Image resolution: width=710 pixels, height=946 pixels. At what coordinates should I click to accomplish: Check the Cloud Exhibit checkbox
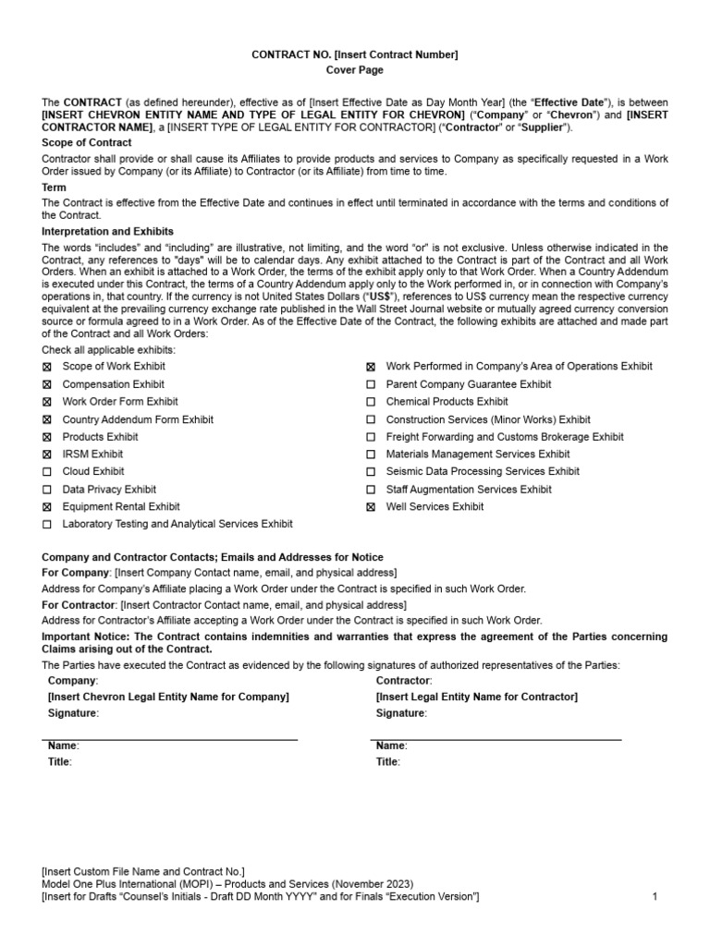coord(47,472)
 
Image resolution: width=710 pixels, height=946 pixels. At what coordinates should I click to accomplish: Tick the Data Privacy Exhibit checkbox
coord(47,490)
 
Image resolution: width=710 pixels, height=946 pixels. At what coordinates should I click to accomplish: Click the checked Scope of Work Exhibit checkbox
coord(47,367)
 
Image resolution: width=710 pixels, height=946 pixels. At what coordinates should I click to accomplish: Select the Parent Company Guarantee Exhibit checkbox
coord(371,384)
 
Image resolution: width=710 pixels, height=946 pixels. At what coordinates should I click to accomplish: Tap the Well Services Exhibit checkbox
coord(371,507)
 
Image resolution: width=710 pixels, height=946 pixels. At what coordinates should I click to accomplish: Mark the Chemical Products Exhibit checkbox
coord(371,402)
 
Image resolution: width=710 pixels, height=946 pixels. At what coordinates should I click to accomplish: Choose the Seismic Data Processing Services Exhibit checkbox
coord(371,472)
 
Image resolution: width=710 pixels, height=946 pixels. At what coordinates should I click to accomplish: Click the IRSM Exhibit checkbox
coord(47,455)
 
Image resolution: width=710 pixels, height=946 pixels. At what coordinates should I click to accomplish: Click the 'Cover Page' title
coord(355,70)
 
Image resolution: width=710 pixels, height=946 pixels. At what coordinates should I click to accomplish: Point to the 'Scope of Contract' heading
coord(87,142)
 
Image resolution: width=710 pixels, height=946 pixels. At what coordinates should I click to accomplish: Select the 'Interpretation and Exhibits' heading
coord(108,231)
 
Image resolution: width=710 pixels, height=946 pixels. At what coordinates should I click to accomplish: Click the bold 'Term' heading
coord(55,188)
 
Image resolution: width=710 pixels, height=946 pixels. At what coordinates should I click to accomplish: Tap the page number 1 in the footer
coord(655,896)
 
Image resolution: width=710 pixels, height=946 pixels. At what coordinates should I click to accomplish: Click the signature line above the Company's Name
coord(170,739)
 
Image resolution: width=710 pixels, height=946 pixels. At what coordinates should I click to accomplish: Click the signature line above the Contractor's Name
coord(496,739)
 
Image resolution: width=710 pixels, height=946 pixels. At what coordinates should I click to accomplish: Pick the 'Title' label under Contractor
coord(387,762)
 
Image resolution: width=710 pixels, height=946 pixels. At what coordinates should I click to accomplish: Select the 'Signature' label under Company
coord(72,713)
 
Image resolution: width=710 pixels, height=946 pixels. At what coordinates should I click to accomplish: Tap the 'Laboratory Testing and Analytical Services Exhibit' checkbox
coord(47,525)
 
